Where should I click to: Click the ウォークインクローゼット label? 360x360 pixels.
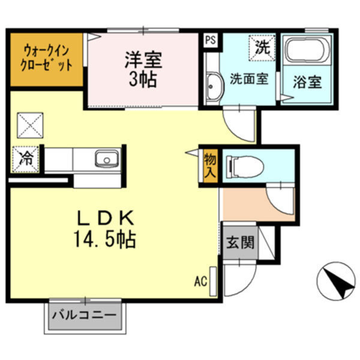[44, 58]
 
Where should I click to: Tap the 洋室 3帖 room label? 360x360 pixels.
[142, 70]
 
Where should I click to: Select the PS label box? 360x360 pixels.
[209, 40]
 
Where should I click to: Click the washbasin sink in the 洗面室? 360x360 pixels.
[213, 88]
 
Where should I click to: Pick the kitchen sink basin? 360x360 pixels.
[106, 160]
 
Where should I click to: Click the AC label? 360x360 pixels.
[200, 281]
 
